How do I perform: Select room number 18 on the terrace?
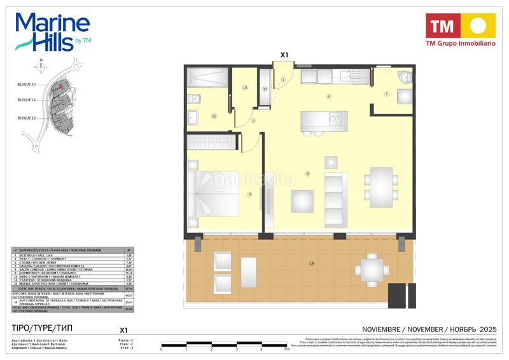(x=312, y=263)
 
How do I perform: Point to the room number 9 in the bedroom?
(x=250, y=195)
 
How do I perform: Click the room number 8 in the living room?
(x=307, y=173)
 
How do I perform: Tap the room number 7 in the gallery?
(x=386, y=94)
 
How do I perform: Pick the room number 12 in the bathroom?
(x=214, y=116)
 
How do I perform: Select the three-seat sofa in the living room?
(x=333, y=192)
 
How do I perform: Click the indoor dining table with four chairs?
(x=382, y=184)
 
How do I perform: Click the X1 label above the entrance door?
(x=284, y=55)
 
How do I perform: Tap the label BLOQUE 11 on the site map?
(x=27, y=100)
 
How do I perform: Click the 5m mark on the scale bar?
(x=288, y=349)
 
